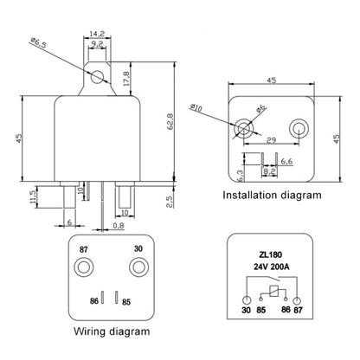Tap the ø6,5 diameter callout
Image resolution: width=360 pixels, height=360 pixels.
tap(39, 41)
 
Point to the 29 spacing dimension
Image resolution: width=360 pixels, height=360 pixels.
tap(272, 139)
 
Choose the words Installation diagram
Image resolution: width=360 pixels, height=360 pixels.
tap(272, 196)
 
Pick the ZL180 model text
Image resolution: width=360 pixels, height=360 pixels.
tap(273, 254)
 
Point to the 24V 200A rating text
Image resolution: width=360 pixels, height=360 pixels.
tap(273, 267)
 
